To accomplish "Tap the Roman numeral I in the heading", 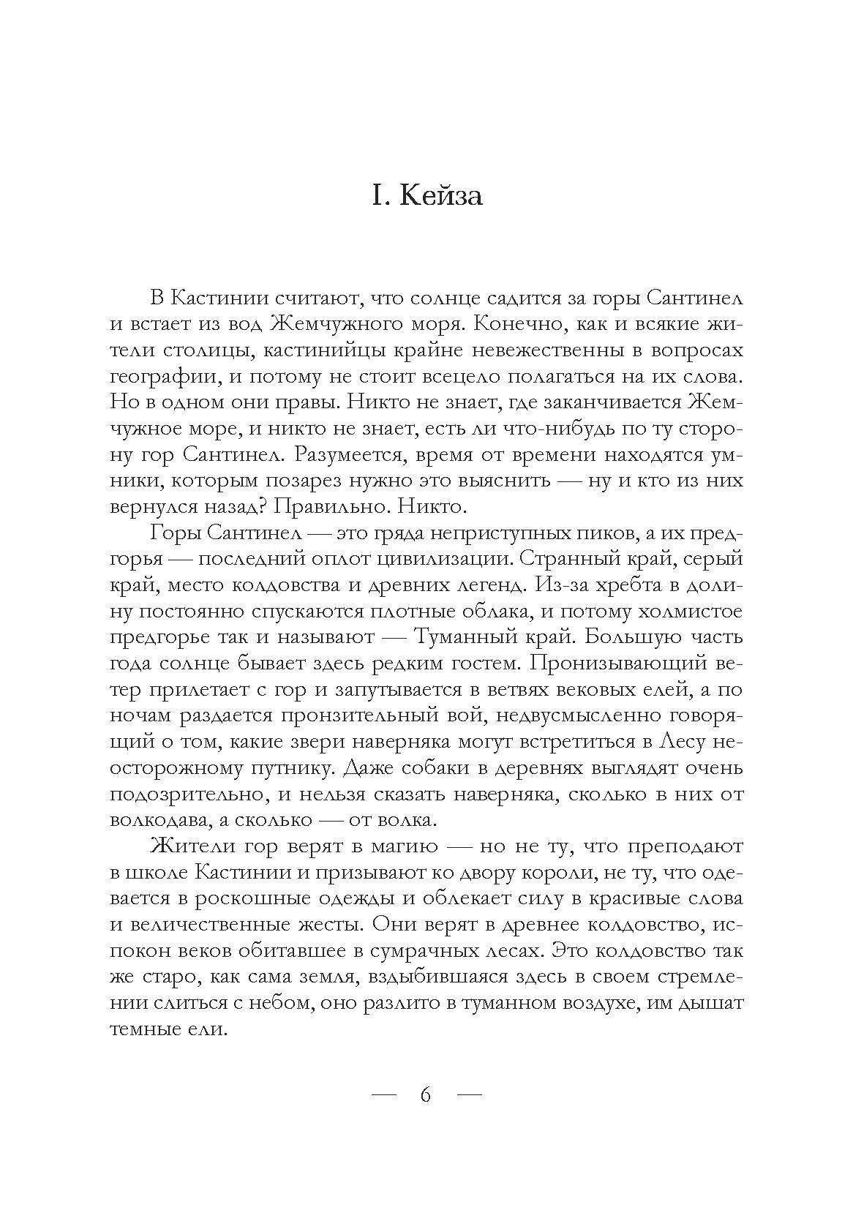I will (377, 197).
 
